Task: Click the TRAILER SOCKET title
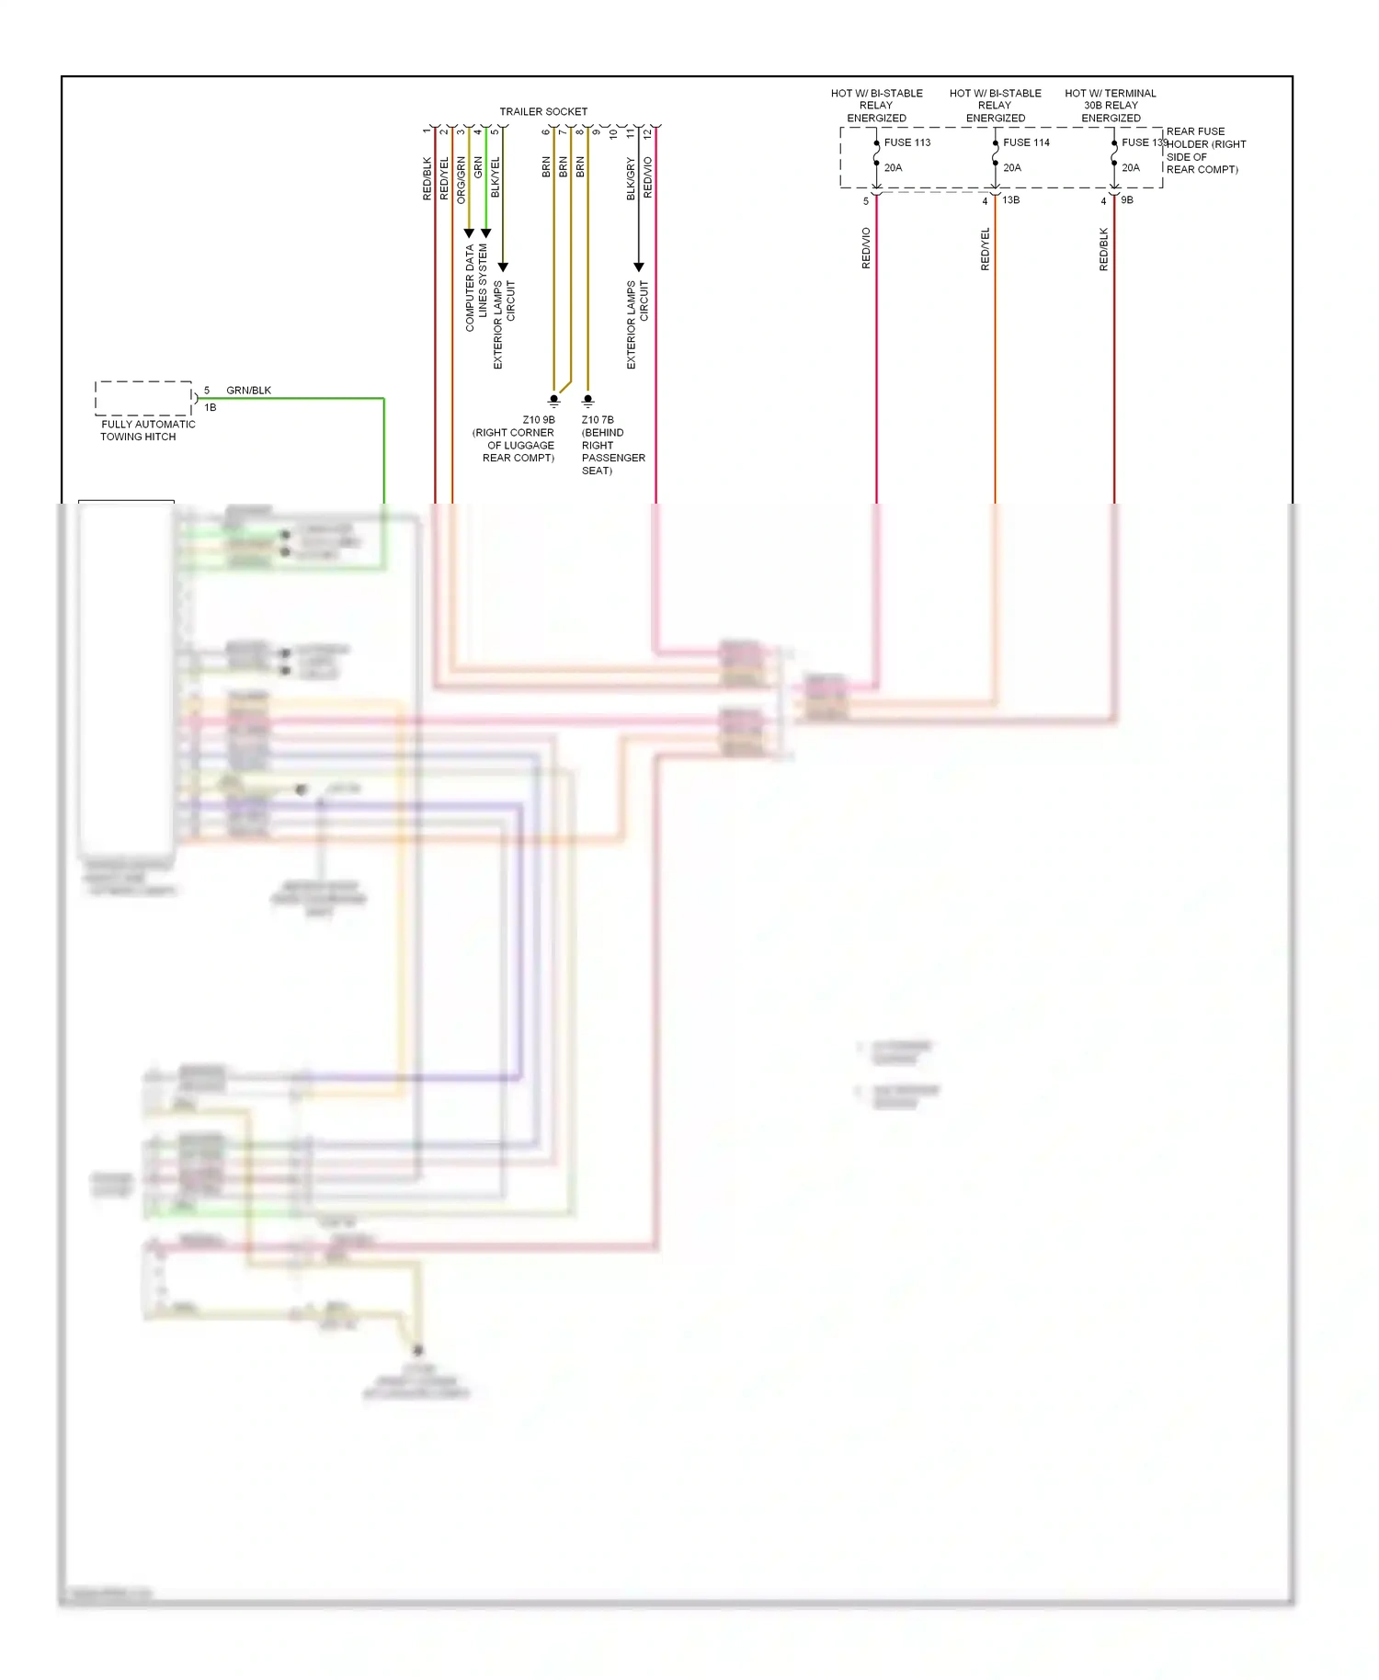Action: [x=542, y=111]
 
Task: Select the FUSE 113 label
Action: [x=906, y=142]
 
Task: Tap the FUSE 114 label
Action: [x=1026, y=142]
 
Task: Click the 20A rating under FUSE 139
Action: [x=1130, y=167]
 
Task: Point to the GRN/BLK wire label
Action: [x=248, y=390]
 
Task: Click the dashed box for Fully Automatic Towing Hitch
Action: [x=143, y=398]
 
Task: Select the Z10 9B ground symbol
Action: [x=553, y=401]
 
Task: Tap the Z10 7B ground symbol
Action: [x=588, y=401]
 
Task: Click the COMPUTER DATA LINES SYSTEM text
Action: [x=475, y=287]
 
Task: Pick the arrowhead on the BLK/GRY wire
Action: [x=639, y=267]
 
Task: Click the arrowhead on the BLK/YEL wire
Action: [x=503, y=267]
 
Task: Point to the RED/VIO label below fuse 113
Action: [x=866, y=248]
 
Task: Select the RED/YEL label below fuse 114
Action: [x=985, y=248]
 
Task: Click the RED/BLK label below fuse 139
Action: [x=1103, y=248]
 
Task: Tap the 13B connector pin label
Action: [x=1010, y=199]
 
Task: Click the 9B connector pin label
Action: [x=1127, y=199]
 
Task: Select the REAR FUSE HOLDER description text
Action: [x=1204, y=150]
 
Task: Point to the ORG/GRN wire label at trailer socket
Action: [x=461, y=180]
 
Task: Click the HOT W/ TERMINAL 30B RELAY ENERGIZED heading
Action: [x=1111, y=105]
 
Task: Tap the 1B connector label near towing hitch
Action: [x=211, y=407]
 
